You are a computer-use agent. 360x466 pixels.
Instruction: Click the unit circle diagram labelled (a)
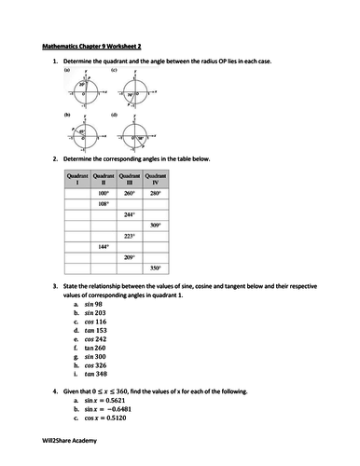pos(83,92)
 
